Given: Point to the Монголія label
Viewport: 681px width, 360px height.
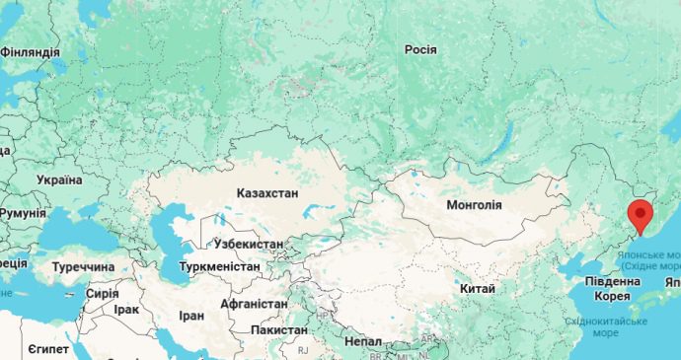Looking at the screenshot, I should click(x=474, y=205).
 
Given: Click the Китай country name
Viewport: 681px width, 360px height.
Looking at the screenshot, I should click(x=477, y=288).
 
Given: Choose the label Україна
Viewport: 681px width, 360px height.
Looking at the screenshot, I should click(x=59, y=180).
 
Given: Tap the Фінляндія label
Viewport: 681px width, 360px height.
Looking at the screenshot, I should click(x=30, y=51).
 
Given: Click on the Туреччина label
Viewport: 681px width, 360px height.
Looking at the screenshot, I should click(x=84, y=267).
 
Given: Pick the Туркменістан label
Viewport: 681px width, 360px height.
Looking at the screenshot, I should click(x=219, y=266).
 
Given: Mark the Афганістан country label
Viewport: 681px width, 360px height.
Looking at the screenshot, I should click(x=254, y=304).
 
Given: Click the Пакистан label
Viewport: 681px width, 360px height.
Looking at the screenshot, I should click(x=280, y=328).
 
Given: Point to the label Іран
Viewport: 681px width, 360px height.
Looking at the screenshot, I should click(x=191, y=316).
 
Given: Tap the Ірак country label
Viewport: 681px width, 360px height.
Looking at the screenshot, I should click(x=126, y=309).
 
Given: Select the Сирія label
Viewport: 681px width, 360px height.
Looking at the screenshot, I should click(x=102, y=293).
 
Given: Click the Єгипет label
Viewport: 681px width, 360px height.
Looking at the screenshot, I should click(x=47, y=350).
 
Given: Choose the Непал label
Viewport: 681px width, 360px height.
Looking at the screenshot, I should click(x=363, y=340).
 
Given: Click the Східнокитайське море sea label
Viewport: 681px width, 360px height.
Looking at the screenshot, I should click(x=606, y=326).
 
